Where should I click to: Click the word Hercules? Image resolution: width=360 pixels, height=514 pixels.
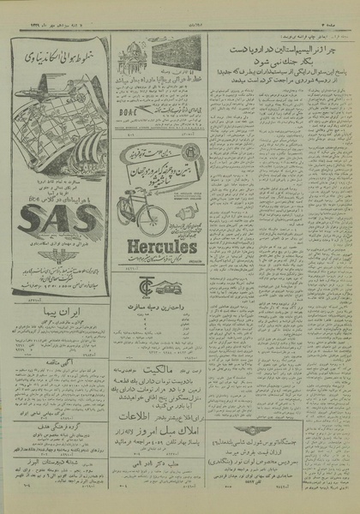(159, 247)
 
